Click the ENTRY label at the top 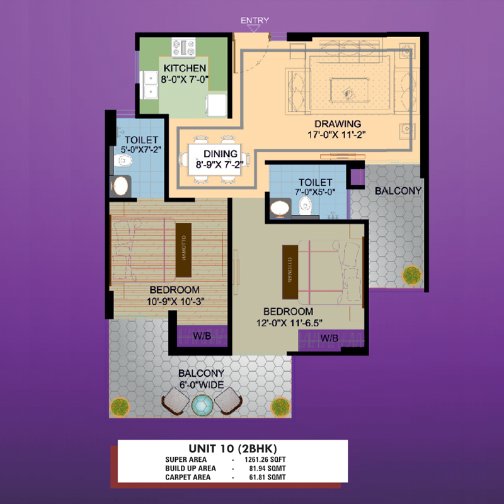click(x=255, y=20)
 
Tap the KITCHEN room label click(x=185, y=68)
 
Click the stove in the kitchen click(x=183, y=47)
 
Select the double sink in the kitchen click(x=149, y=85)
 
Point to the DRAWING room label click(x=338, y=123)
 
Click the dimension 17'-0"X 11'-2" click(x=336, y=134)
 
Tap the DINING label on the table click(x=220, y=154)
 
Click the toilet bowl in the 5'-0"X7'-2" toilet click(x=123, y=161)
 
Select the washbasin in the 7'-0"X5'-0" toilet click(x=280, y=208)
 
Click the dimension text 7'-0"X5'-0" click(x=315, y=192)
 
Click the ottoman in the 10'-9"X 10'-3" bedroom click(x=183, y=250)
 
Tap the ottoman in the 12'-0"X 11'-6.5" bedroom click(x=290, y=272)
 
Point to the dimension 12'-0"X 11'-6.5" click(x=289, y=323)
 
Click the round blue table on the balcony click(x=202, y=405)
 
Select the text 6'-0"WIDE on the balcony click(x=202, y=385)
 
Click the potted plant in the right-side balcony click(x=412, y=275)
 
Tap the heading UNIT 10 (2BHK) click(x=232, y=449)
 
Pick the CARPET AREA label click(x=188, y=478)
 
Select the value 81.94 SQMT click(x=267, y=468)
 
